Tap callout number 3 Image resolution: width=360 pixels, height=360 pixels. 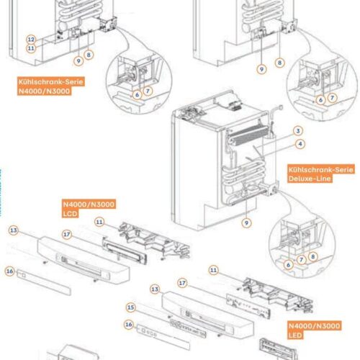click(x=297, y=131)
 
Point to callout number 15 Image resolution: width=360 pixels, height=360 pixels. click(x=130, y=307)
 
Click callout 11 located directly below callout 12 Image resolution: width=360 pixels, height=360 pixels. click(x=31, y=48)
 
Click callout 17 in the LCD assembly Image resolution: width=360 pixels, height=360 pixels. click(x=66, y=234)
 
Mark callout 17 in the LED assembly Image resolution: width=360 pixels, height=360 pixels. click(x=182, y=283)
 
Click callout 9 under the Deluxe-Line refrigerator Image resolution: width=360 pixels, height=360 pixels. click(x=247, y=222)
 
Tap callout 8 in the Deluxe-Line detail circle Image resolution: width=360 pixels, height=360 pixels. click(x=311, y=255)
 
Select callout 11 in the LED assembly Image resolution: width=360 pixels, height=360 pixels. click(x=214, y=269)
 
